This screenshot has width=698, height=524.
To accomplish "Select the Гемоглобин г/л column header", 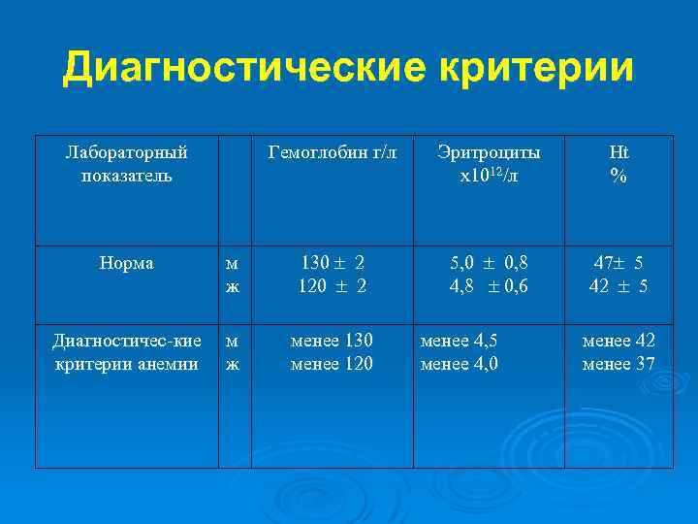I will click(333, 152).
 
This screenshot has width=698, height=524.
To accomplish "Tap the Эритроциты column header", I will click(489, 152).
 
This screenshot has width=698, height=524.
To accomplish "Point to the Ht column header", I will click(619, 152).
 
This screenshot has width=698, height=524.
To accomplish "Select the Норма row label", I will click(126, 263).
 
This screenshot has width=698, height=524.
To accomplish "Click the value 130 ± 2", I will click(333, 263).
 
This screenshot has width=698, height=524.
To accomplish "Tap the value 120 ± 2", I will click(333, 285).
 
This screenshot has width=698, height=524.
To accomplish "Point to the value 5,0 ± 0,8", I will click(489, 263).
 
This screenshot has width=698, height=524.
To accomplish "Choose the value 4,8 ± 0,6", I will click(489, 285).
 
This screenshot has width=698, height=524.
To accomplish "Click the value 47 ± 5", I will click(619, 263).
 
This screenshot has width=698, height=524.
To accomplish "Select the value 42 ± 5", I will click(619, 285).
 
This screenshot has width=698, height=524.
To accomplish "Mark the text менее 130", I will click(333, 341).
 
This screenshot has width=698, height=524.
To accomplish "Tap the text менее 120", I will click(333, 364).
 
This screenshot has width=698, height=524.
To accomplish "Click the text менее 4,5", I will click(459, 341).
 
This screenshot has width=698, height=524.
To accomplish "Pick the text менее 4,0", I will click(459, 364).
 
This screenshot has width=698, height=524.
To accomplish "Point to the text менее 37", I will click(619, 364).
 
